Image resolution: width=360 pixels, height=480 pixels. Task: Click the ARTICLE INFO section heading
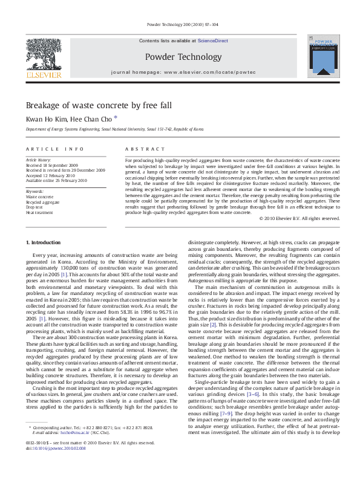(54, 149)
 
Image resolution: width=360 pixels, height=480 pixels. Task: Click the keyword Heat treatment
(39, 213)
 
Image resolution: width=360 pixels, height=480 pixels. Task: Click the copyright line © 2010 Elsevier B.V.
(299, 218)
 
